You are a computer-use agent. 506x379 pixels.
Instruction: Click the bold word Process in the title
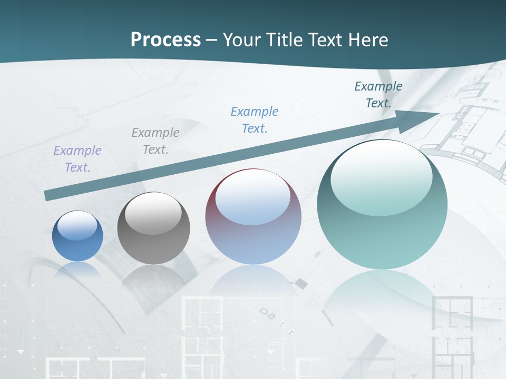(166, 40)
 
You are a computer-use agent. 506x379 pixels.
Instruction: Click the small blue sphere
(77, 236)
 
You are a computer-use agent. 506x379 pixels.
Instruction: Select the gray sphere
(153, 228)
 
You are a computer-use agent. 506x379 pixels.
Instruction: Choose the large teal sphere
(382, 205)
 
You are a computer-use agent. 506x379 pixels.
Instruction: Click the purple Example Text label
(77, 159)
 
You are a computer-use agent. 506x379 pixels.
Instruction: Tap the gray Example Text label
(155, 141)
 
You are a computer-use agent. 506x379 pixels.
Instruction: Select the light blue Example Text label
(255, 120)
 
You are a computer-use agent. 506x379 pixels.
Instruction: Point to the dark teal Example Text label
(378, 95)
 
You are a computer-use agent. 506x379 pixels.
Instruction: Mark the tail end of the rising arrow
(46, 196)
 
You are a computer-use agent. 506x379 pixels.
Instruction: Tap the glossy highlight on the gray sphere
(153, 213)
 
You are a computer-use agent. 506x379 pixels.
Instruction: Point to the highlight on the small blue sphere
(77, 226)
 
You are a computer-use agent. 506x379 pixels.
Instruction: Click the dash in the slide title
(212, 40)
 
